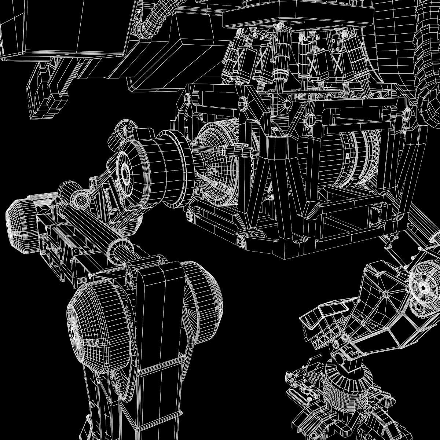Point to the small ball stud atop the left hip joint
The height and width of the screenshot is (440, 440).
(x=129, y=128)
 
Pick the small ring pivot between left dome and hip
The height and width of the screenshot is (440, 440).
(x=80, y=200)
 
